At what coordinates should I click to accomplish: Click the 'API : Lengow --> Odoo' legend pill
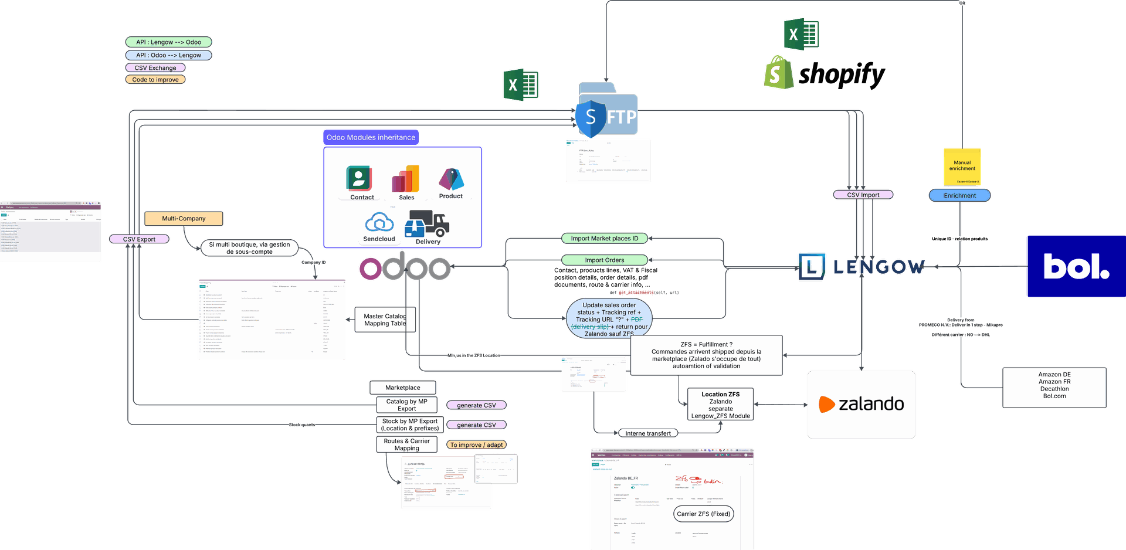point(168,42)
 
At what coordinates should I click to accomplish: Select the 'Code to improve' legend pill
point(155,80)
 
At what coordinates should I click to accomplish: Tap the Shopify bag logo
point(778,73)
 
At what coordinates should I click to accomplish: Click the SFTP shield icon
point(591,117)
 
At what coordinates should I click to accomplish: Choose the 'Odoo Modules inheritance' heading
point(371,137)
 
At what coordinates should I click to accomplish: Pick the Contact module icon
point(359,178)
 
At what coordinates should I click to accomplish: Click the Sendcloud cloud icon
point(379,223)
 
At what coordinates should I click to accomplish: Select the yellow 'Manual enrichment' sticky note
point(962,167)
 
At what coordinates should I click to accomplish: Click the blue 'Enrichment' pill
point(959,195)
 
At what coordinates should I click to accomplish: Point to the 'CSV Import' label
point(863,195)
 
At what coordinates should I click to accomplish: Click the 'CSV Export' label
point(139,239)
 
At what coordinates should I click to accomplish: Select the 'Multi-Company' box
point(184,219)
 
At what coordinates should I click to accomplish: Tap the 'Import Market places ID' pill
point(604,239)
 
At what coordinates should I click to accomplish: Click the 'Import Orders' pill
point(604,260)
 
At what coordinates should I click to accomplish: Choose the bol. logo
point(1076,267)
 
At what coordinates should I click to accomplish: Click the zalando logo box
point(861,405)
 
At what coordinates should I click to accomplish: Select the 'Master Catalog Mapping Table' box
point(385,320)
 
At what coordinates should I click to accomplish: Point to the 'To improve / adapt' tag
point(476,445)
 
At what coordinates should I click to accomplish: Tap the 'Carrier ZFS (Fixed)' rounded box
point(703,514)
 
